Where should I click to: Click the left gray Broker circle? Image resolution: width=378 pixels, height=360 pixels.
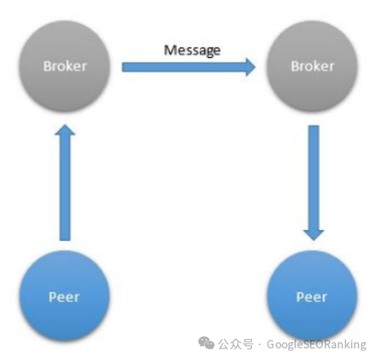[x=64, y=66]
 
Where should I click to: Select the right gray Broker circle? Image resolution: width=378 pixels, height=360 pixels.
[x=312, y=66]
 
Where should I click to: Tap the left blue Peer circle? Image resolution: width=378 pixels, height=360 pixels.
[x=64, y=296]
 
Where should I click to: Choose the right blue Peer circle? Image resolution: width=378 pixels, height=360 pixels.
[x=312, y=296]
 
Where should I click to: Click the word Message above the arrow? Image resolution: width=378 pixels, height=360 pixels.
[x=192, y=50]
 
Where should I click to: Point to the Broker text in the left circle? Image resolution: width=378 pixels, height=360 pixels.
[x=65, y=66]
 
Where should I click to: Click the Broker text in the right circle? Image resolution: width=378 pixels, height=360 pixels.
[x=312, y=66]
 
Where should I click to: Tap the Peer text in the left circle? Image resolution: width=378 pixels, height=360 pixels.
[x=64, y=297]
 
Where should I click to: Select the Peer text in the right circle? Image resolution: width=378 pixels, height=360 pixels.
[x=312, y=297]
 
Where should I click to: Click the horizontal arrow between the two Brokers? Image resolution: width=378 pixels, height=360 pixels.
[x=189, y=67]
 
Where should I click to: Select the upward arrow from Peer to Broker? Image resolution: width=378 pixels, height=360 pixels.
[x=65, y=182]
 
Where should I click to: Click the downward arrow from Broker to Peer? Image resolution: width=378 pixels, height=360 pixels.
[x=314, y=183]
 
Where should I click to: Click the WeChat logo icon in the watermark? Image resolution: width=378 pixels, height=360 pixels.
[x=206, y=343]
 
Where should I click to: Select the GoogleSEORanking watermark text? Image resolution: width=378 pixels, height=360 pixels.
[x=316, y=345]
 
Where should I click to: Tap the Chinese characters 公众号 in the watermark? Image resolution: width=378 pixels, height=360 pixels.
[x=236, y=345]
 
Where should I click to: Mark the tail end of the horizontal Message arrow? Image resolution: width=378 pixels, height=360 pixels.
[x=122, y=67]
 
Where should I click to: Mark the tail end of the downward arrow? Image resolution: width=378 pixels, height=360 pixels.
[x=314, y=126]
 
